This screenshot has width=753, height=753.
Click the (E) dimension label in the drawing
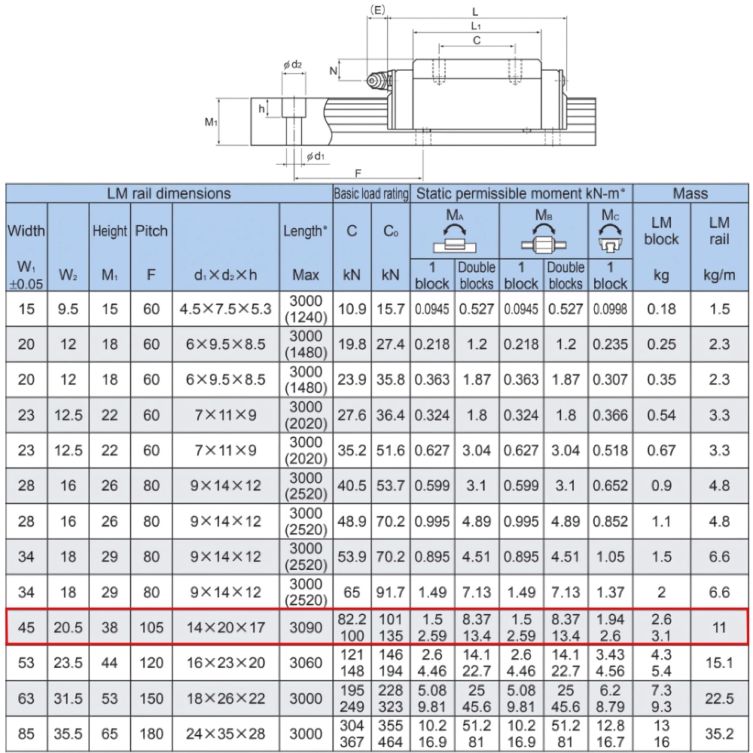point(379,10)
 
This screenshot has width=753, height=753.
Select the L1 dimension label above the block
point(476,26)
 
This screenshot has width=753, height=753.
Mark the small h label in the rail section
point(262,109)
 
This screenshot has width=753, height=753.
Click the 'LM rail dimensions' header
point(169,194)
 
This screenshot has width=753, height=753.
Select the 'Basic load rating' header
point(370,194)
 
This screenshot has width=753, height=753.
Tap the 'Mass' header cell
point(691,194)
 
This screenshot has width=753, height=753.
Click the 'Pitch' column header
point(151,230)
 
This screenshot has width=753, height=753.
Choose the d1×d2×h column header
point(225,276)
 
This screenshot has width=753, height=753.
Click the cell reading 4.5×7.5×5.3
point(225,309)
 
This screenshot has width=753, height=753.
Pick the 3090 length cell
point(306,626)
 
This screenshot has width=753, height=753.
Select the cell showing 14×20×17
point(225,626)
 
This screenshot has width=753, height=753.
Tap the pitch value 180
point(151,733)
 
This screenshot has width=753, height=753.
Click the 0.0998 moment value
point(611,309)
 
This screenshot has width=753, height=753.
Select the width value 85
point(26,733)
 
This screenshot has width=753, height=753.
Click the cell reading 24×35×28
point(225,733)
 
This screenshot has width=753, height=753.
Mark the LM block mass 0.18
point(661,309)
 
